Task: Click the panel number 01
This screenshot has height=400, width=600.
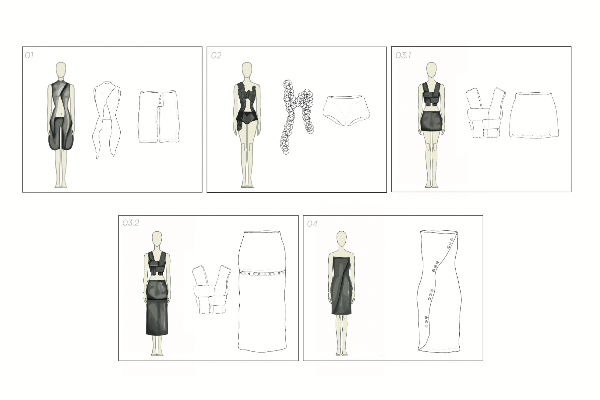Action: pyautogui.click(x=29, y=55)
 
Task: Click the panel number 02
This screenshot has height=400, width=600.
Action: pyautogui.click(x=216, y=55)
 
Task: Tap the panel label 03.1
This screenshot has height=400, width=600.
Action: pyautogui.click(x=403, y=55)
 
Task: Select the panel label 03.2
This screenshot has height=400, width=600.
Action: pyautogui.click(x=131, y=223)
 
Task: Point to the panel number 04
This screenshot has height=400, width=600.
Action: pyautogui.click(x=312, y=224)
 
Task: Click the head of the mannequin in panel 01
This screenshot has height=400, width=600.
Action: pyautogui.click(x=61, y=69)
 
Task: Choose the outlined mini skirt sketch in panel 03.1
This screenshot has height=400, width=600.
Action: pyautogui.click(x=534, y=115)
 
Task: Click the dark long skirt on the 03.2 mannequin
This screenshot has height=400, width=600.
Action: pyautogui.click(x=158, y=307)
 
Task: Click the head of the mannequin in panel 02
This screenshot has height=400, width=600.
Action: pyautogui.click(x=247, y=69)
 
